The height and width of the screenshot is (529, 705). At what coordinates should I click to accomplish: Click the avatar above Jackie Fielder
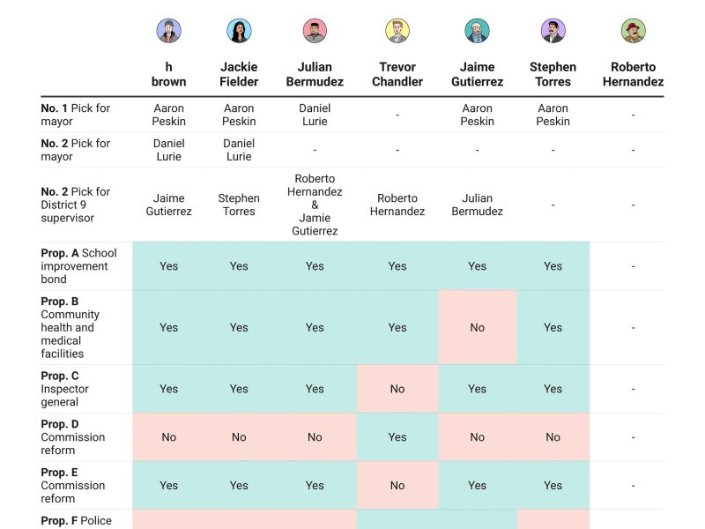[239, 31]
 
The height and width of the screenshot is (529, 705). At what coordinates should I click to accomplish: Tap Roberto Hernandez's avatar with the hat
[633, 31]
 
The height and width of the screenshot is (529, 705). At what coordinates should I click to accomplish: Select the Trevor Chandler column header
[397, 74]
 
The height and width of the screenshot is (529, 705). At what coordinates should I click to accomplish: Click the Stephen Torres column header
[553, 74]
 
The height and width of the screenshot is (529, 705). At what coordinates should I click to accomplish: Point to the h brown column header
[168, 74]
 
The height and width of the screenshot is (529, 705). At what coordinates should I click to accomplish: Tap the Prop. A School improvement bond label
[78, 266]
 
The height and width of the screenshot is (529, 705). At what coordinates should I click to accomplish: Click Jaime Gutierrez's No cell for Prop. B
[477, 327]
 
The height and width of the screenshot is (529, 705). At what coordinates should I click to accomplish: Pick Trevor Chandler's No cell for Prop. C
[397, 389]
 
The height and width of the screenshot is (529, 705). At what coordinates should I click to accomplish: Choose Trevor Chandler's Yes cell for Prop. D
[397, 436]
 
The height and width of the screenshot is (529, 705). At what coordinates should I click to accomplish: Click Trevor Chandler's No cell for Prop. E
[397, 485]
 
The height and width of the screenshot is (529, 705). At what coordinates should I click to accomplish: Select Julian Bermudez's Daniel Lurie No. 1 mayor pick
[315, 115]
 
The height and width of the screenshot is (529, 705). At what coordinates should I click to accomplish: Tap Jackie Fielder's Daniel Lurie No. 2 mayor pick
[239, 150]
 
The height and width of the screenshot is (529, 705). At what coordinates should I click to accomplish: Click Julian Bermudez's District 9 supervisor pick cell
[315, 205]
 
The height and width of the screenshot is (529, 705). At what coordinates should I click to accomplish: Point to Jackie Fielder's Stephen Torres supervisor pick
[239, 205]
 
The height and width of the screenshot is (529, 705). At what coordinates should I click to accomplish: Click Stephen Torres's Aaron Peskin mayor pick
[553, 115]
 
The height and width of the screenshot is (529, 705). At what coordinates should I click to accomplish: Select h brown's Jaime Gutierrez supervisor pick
[168, 205]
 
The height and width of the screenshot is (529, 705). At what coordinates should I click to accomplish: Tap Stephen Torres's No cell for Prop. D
[553, 436]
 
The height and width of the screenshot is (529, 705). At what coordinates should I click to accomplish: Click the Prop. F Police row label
[77, 520]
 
